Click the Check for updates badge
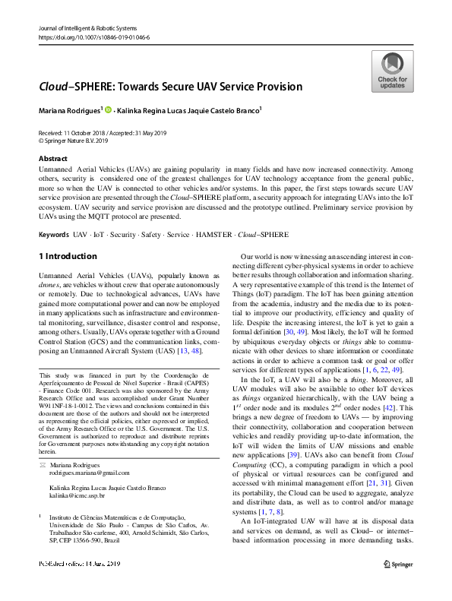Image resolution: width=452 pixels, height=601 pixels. click(392, 71)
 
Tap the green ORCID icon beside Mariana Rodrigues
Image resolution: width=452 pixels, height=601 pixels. click(109, 111)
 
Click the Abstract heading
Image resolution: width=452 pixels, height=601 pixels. click(52, 159)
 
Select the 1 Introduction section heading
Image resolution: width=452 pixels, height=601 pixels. click(68, 256)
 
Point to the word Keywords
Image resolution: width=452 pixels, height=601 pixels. click(53, 235)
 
